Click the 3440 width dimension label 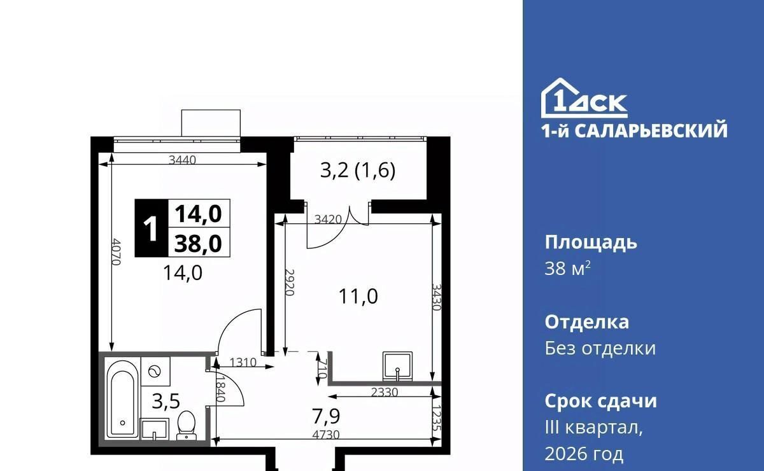point(183,160)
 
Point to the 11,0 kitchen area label point(358,296)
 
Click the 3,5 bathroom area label point(166,401)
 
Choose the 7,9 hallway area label point(326,416)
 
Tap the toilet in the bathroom point(187,425)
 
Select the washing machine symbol point(155,372)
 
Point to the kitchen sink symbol point(397,366)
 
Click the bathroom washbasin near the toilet point(155,430)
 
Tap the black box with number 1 point(152,228)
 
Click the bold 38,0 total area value point(198,244)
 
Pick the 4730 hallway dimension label point(326,435)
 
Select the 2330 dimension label point(385,393)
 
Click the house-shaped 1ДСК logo point(584,98)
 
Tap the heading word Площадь point(591,243)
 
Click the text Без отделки point(600,349)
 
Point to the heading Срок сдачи point(600,401)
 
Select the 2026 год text point(584,454)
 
